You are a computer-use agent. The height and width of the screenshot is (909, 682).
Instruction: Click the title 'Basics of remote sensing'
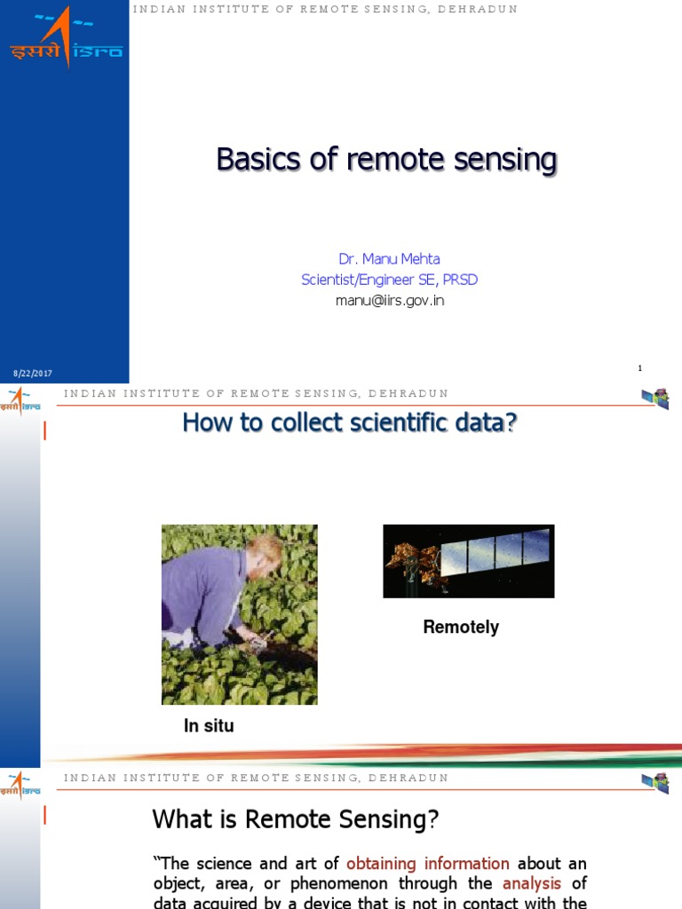pos(386,161)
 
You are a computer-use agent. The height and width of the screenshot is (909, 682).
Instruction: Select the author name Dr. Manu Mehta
pos(389,259)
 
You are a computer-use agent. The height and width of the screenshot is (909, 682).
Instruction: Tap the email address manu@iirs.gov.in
pos(389,300)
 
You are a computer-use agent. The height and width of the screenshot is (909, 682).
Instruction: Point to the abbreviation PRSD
pos(460,280)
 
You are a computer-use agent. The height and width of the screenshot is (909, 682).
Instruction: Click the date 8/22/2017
pos(32,374)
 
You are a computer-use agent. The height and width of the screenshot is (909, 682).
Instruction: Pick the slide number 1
pos(639,368)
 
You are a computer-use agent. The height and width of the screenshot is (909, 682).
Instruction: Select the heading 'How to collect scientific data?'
pos(349,423)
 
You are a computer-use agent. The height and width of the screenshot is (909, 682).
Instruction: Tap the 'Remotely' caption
pos(461,628)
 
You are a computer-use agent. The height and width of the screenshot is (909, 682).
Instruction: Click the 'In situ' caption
pos(209,726)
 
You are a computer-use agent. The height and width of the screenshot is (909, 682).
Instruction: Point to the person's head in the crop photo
pos(266,553)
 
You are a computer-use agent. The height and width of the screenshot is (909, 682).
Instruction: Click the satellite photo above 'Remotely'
pos(468,560)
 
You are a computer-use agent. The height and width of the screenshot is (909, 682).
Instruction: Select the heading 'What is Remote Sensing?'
pos(296,818)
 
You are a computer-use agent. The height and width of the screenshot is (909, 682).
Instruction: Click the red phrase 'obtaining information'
pos(427,864)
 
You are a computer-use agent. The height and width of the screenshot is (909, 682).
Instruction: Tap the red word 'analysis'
pos(532,883)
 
